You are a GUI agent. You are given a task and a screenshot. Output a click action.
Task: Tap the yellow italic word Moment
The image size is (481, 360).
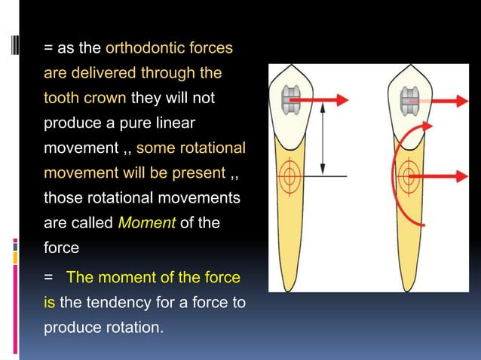click(147, 222)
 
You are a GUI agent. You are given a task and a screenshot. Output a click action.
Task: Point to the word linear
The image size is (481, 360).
click(176, 123)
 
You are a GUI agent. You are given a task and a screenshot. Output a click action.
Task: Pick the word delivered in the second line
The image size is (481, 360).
click(103, 73)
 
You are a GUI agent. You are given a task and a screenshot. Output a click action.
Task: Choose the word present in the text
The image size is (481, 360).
click(199, 173)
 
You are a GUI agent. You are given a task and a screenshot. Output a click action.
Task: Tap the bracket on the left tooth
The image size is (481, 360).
click(291, 100)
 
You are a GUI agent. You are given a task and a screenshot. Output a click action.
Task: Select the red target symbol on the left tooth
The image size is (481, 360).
click(289, 176)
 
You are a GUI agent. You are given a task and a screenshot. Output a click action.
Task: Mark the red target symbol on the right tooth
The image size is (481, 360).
click(409, 176)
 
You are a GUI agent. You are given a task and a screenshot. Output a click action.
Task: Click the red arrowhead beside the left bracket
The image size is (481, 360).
click(342, 100)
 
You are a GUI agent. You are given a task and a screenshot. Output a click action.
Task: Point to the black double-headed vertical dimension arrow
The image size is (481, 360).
click(323, 139)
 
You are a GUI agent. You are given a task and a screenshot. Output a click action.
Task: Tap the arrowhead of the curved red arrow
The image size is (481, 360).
click(427, 126)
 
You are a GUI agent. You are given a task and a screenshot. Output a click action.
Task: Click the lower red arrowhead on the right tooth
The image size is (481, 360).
click(462, 176)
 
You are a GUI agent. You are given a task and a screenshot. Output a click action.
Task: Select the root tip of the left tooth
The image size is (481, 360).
click(288, 291)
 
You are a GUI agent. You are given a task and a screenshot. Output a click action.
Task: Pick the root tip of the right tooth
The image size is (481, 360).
click(407, 291)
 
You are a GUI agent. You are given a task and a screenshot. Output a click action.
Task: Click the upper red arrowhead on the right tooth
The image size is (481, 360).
click(462, 101)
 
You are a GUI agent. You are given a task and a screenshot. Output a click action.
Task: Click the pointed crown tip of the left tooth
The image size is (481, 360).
click(292, 65)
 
